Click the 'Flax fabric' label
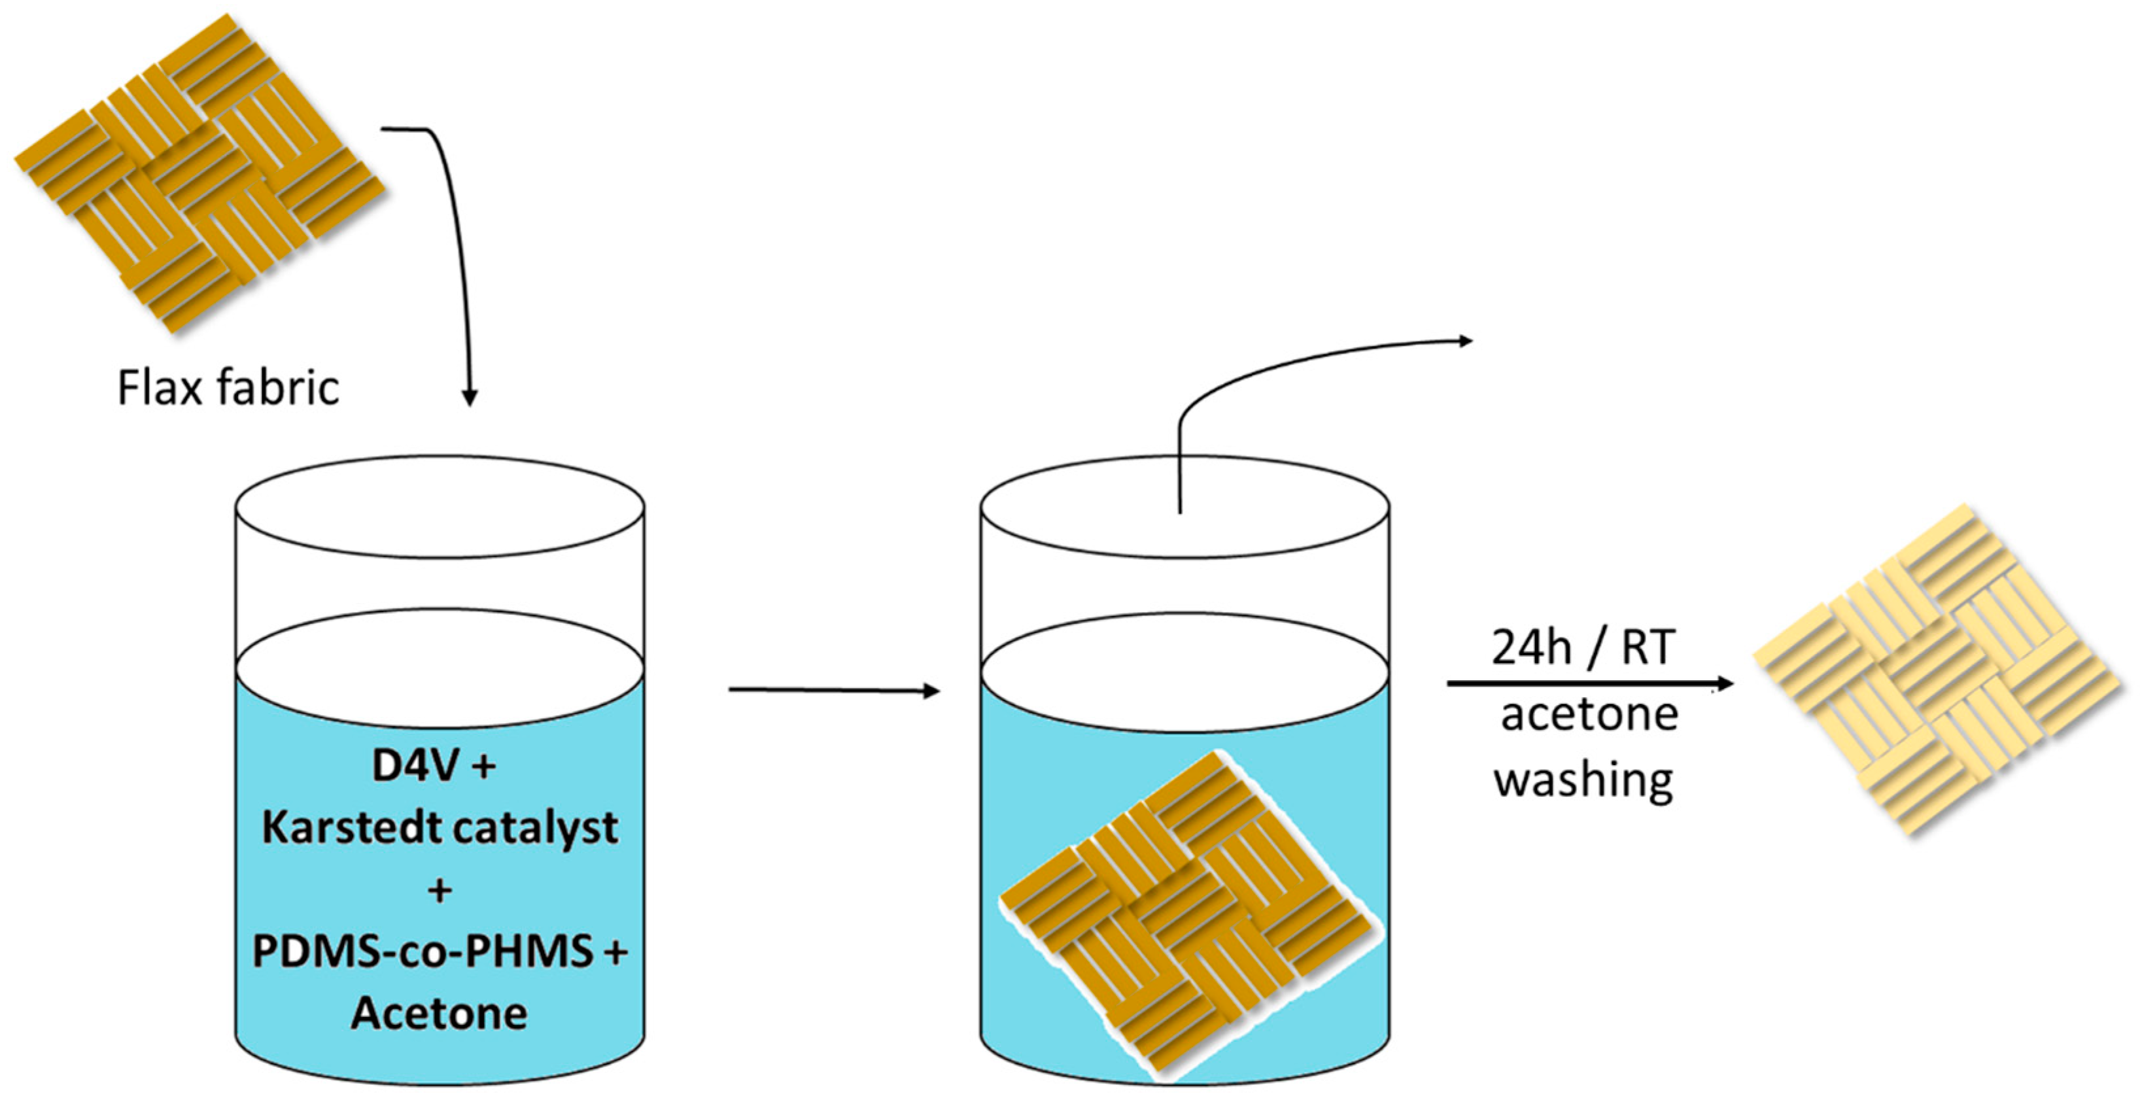tap(228, 387)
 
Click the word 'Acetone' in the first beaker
tap(439, 1014)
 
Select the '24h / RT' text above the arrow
tap(1581, 647)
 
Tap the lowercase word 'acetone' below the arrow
tap(1589, 715)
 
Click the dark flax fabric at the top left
tap(200, 173)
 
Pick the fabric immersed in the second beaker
tap(1184, 914)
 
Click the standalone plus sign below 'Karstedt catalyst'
tap(440, 891)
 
